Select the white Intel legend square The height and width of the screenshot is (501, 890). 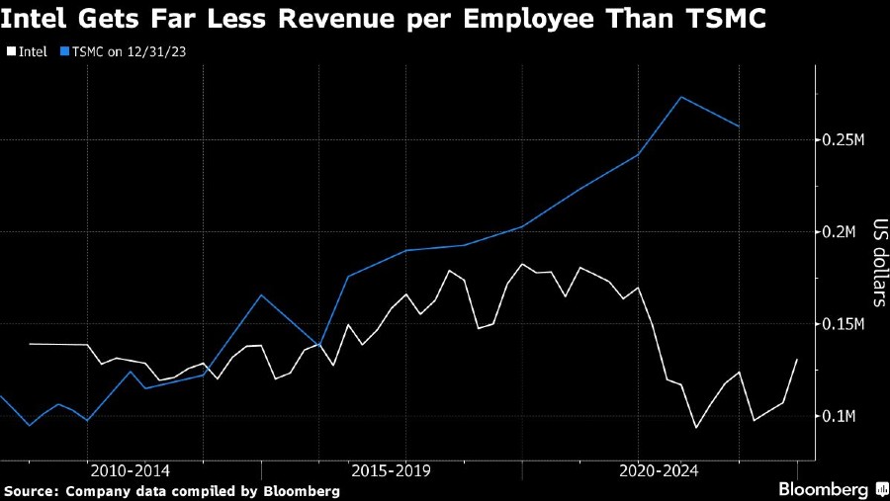[x=10, y=49]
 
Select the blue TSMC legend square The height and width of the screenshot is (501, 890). [x=64, y=49]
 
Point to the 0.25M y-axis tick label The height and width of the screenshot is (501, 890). [x=844, y=140]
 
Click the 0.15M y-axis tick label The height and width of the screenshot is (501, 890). [x=844, y=324]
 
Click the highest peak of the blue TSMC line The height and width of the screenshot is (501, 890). [x=681, y=97]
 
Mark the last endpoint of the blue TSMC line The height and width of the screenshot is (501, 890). [x=740, y=126]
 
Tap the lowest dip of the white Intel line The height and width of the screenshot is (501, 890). [x=696, y=428]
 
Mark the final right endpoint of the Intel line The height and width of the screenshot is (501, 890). [x=797, y=360]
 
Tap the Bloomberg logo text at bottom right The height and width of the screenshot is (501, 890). [x=823, y=489]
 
